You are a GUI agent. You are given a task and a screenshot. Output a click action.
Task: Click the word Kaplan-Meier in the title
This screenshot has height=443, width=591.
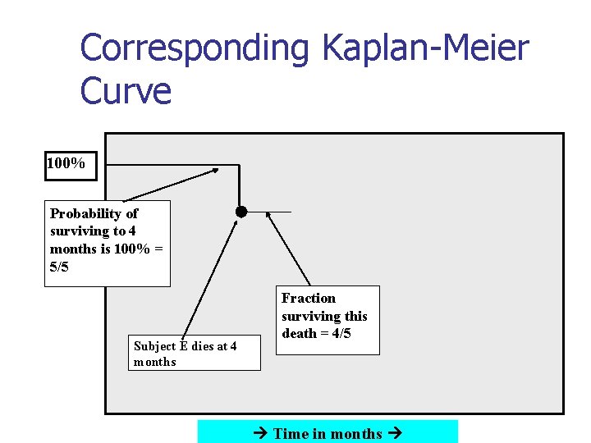[x=425, y=49]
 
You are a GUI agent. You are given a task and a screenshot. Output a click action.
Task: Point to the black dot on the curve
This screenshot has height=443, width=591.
[x=241, y=211]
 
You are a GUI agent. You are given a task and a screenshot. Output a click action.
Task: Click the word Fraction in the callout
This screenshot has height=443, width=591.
[x=309, y=298]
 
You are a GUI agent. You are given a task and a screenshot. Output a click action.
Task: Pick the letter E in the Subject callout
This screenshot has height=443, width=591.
[x=186, y=346]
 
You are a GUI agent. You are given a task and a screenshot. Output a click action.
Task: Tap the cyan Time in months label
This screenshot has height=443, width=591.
[x=328, y=433]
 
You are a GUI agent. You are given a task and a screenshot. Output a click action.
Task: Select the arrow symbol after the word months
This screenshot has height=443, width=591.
[x=393, y=433]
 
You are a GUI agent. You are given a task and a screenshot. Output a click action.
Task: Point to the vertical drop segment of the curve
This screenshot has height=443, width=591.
[x=239, y=185]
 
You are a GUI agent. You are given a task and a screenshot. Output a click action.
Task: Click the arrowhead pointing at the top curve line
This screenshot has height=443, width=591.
[x=216, y=171]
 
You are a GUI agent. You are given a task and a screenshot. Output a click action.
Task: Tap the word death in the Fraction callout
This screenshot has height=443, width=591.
[x=300, y=333]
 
